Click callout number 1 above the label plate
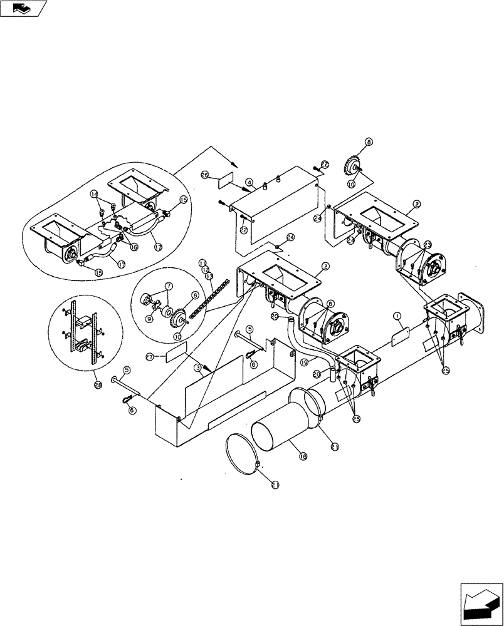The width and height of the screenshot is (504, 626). coord(396,317)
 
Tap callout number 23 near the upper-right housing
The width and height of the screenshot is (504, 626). coord(428,245)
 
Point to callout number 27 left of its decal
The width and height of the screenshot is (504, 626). coord(150,356)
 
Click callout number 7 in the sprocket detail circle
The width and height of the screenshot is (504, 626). coord(167,285)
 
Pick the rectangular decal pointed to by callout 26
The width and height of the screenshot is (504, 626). coord(226,180)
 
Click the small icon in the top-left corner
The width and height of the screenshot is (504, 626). coord(24,8)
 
